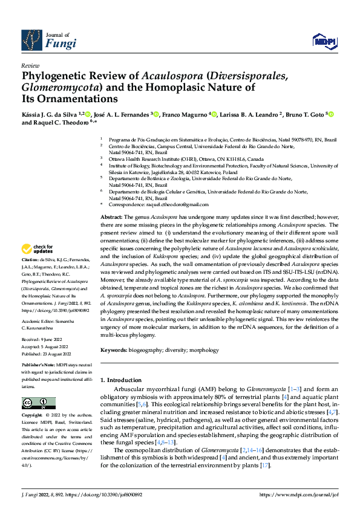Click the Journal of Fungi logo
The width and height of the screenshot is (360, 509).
point(49,40)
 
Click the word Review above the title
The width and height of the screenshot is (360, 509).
point(30,65)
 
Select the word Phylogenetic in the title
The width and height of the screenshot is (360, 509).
point(51,76)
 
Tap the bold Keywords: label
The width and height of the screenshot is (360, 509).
point(115,350)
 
